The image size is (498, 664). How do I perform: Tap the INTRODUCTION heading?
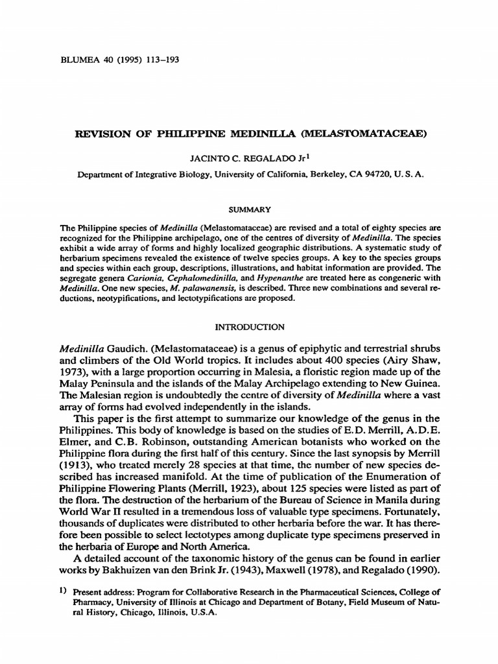coord(250,326)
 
